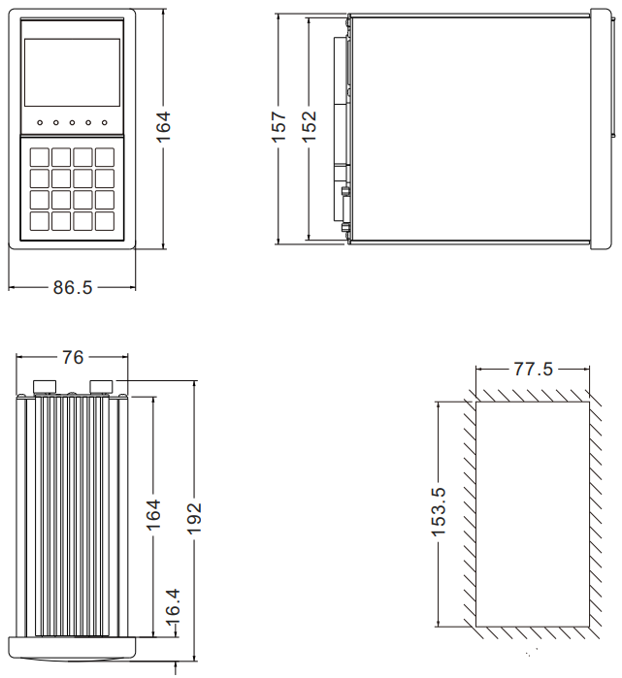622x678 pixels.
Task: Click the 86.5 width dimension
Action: point(73,288)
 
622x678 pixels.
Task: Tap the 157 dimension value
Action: point(278,127)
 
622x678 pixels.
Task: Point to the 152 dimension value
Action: point(309,127)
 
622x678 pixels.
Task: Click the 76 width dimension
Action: point(73,358)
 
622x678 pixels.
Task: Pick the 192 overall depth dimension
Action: point(194,519)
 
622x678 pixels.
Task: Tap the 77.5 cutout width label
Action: point(533,370)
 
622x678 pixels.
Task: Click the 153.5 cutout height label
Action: point(438,511)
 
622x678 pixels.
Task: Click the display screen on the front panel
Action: point(72,73)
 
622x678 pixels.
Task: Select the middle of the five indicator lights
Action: point(72,123)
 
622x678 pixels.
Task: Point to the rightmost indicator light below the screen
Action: point(104,123)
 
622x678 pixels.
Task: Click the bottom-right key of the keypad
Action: point(105,220)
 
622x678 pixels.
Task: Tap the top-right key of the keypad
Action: point(105,156)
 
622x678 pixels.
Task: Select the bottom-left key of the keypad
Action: point(39,220)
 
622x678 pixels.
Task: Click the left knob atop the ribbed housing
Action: point(44,387)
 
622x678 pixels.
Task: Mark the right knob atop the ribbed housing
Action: point(101,387)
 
